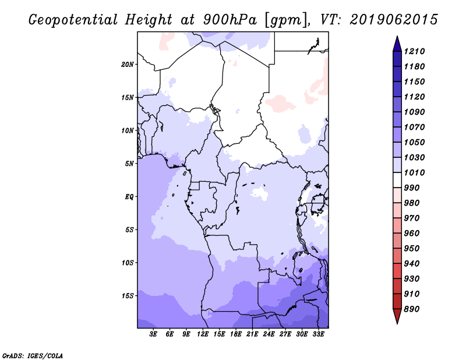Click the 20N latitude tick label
pyautogui.click(x=128, y=65)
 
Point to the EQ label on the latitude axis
pyautogui.click(x=129, y=197)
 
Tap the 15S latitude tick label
pyautogui.click(x=128, y=296)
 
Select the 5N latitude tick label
pyautogui.click(x=129, y=164)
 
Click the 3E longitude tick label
pyautogui.click(x=153, y=334)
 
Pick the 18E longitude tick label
pyautogui.click(x=236, y=334)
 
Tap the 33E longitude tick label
pyautogui.click(x=318, y=334)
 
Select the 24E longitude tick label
pyautogui.click(x=269, y=334)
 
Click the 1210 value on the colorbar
pyautogui.click(x=414, y=51)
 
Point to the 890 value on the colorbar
pyautogui.click(x=412, y=309)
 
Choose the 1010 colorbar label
pyautogui.click(x=414, y=172)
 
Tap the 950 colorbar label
pyautogui.click(x=412, y=249)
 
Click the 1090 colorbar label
pyautogui.click(x=414, y=112)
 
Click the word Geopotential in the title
pyautogui.click(x=73, y=20)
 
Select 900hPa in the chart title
pyautogui.click(x=230, y=20)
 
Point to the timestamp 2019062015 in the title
pyautogui.click(x=394, y=20)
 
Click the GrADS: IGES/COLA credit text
pyautogui.click(x=33, y=356)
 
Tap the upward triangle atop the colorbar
pyautogui.click(x=397, y=44)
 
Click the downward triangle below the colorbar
pyautogui.click(x=397, y=316)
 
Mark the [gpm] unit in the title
pyautogui.click(x=285, y=20)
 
